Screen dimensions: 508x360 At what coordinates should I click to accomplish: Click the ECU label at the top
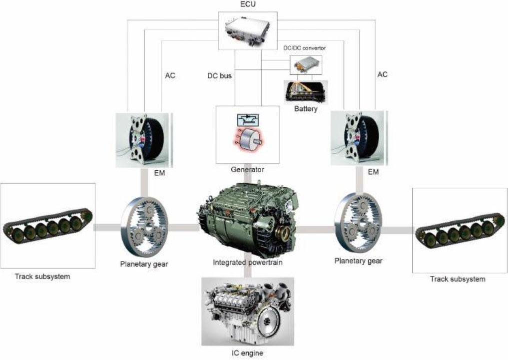[x=248, y=4]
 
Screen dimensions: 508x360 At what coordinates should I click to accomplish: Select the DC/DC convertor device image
[x=306, y=65]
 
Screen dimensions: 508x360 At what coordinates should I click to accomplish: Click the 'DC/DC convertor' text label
[x=305, y=48]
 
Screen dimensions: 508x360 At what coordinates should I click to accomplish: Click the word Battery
[x=306, y=109]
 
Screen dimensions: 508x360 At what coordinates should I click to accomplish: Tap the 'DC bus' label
[x=220, y=76]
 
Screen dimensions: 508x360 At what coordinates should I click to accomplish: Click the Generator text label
[x=248, y=169]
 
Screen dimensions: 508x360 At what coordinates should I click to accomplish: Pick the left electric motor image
[x=144, y=140]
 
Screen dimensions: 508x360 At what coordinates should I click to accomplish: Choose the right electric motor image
[x=359, y=138]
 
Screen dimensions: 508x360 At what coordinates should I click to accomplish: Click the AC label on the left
[x=170, y=75]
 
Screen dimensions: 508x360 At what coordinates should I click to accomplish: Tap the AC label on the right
[x=382, y=74]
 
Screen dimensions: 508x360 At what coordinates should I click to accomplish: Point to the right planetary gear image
[x=358, y=222]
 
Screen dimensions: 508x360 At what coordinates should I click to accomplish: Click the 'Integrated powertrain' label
[x=248, y=263]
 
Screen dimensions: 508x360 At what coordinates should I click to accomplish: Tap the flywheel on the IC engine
[x=268, y=322]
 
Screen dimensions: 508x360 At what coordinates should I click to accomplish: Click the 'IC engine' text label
[x=248, y=353]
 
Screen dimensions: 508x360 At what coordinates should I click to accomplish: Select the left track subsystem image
[x=48, y=226]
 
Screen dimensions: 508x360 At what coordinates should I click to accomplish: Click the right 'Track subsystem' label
[x=458, y=279]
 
